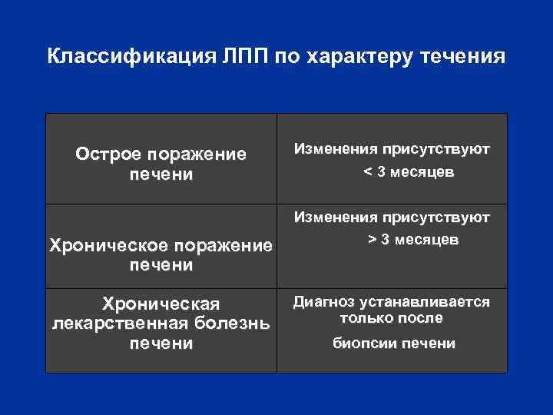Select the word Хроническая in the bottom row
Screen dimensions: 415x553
(161, 304)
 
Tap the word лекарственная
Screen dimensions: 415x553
(122, 323)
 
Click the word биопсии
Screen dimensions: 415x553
(364, 344)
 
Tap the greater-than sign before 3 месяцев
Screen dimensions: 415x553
(373, 240)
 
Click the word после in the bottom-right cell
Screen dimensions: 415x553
(422, 318)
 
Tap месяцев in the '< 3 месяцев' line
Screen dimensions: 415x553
(422, 173)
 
